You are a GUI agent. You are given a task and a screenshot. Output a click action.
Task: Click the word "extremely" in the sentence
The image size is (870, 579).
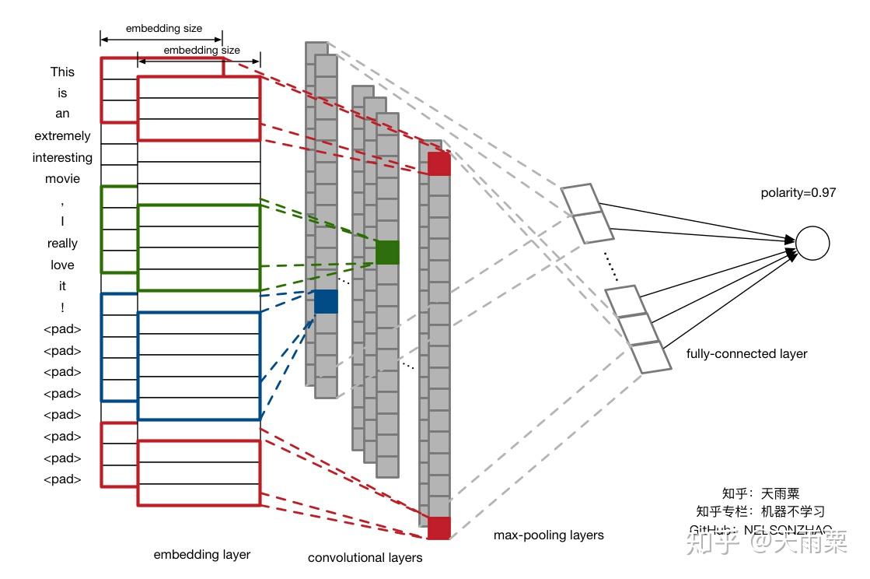[x=62, y=135]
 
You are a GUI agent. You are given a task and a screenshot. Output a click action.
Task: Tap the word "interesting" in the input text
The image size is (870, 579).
[x=62, y=157]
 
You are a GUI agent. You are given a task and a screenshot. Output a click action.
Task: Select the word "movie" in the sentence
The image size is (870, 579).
[x=62, y=178]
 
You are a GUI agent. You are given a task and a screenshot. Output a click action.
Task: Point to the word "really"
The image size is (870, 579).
[x=62, y=243]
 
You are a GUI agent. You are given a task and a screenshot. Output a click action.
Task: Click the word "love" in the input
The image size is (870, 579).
[x=62, y=265]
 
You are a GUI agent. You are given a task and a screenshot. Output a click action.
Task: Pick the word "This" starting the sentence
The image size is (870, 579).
[x=62, y=72]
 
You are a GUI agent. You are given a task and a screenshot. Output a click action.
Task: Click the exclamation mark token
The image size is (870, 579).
[x=62, y=307]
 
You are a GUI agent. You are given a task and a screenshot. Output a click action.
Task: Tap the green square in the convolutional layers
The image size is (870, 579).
[x=387, y=252]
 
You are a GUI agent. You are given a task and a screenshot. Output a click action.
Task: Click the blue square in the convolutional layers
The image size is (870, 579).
[x=326, y=301]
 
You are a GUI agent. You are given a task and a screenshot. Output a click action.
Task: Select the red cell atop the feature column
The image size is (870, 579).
[x=438, y=163]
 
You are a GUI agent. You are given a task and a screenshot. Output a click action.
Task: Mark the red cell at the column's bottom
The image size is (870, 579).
[x=438, y=528]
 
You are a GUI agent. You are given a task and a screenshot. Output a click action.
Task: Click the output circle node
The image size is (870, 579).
[x=813, y=243]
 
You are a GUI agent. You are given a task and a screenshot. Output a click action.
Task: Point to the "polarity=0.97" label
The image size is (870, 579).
[x=798, y=192]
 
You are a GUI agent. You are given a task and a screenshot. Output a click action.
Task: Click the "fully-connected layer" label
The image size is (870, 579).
[x=746, y=353]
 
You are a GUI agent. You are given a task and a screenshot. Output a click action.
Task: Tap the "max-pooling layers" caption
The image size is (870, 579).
[x=548, y=535]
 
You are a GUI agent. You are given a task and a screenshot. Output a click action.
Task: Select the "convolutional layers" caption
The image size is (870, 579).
[x=365, y=557]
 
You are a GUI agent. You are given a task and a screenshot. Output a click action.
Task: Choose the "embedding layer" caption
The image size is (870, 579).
[x=202, y=554]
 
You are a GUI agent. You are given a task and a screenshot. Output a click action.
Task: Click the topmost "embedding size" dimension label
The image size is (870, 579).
[x=163, y=29]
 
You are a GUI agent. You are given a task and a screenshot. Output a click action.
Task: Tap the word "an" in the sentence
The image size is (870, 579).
[x=62, y=114]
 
